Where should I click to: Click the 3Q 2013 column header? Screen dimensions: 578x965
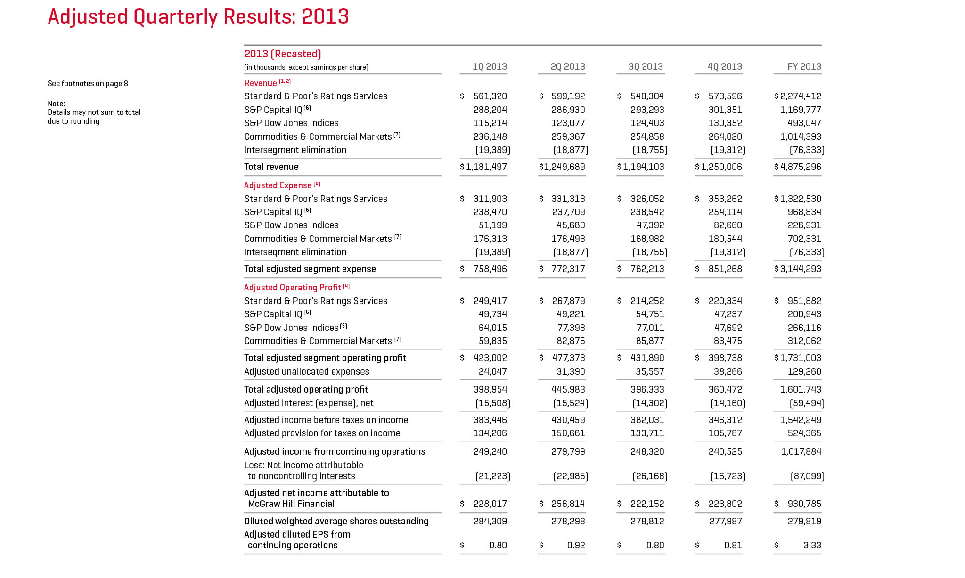tap(646, 66)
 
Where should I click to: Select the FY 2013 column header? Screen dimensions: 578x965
tap(804, 66)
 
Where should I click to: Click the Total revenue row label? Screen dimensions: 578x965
tap(271, 167)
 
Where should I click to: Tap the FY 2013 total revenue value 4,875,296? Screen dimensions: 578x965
tap(801, 167)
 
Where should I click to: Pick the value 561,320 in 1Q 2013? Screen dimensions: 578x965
tap(490, 96)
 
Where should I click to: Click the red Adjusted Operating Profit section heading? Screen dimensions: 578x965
tap(292, 287)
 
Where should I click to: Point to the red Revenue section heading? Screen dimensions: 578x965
tap(261, 83)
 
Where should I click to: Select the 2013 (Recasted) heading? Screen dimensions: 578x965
tap(283, 54)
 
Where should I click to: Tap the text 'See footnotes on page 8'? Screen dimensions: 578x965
tap(88, 83)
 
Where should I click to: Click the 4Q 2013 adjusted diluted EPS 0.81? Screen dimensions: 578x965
tap(733, 545)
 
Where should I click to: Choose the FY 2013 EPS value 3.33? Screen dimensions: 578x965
tap(812, 545)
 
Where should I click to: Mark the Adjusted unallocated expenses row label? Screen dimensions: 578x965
tap(307, 371)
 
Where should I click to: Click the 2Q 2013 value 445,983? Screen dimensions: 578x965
tap(568, 389)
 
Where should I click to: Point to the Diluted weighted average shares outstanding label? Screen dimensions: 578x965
tap(336, 521)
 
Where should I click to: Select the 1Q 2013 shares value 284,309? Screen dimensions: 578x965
tap(490, 521)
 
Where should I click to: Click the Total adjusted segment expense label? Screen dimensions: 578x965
tap(310, 269)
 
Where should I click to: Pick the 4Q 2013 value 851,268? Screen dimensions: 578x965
tap(725, 269)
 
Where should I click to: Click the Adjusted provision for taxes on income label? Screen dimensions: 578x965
tap(322, 433)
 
